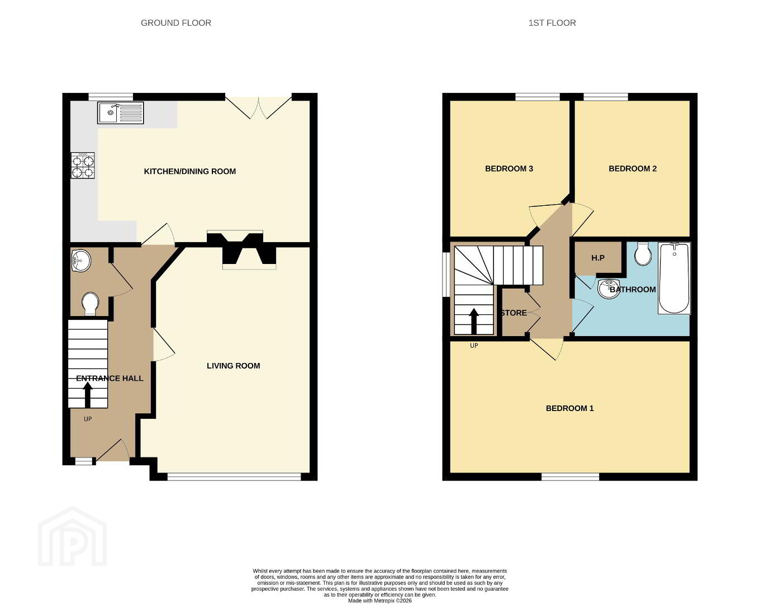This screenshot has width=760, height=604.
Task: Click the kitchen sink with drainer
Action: [x=121, y=113]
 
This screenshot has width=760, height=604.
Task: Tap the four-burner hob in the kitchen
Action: [x=83, y=166]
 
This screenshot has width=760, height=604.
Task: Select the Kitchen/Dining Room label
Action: [x=189, y=171]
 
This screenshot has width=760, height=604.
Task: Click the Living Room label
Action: [x=234, y=366]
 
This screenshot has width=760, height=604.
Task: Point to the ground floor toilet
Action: [x=90, y=304]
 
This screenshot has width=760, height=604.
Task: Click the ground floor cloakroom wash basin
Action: [x=81, y=261]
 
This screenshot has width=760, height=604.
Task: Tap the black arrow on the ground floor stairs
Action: [x=88, y=395]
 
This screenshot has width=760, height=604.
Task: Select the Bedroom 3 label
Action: [x=509, y=168]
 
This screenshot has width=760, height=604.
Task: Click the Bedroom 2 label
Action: [x=633, y=168]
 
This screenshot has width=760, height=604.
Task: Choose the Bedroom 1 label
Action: [x=569, y=408]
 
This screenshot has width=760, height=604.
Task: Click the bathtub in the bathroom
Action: [x=674, y=278]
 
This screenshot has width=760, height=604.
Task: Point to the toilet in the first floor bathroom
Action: [x=643, y=254]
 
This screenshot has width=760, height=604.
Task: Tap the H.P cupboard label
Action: [x=598, y=258]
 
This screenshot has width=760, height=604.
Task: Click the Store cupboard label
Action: [x=514, y=313]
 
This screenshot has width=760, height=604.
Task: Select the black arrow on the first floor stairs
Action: [x=473, y=321]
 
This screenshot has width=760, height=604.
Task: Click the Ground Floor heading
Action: [x=176, y=23]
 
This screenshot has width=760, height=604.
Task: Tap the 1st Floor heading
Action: [x=552, y=23]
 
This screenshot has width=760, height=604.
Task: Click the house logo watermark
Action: [x=73, y=536]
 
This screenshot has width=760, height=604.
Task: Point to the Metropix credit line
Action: [x=379, y=601]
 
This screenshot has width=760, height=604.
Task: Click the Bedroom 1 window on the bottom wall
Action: [x=571, y=476]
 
